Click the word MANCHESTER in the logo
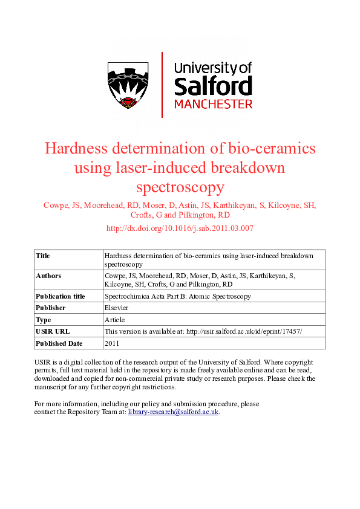pyautogui.click(x=213, y=104)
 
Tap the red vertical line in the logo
pyautogui.click(x=162, y=85)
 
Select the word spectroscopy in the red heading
pyautogui.click(x=180, y=187)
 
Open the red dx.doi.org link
pyautogui.click(x=180, y=228)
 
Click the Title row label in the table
pyautogui.click(x=43, y=256)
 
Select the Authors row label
pyautogui.click(x=48, y=276)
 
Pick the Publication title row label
pyautogui.click(x=61, y=296)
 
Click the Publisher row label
pyautogui.click(x=50, y=308)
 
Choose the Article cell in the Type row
pyautogui.click(x=114, y=320)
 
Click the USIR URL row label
pyautogui.click(x=53, y=331)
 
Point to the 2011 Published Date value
pyautogui.click(x=112, y=343)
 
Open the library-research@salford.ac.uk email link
pyautogui.click(x=173, y=412)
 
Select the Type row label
pyautogui.click(x=44, y=320)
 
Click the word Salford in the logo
pyautogui.click(x=212, y=86)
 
